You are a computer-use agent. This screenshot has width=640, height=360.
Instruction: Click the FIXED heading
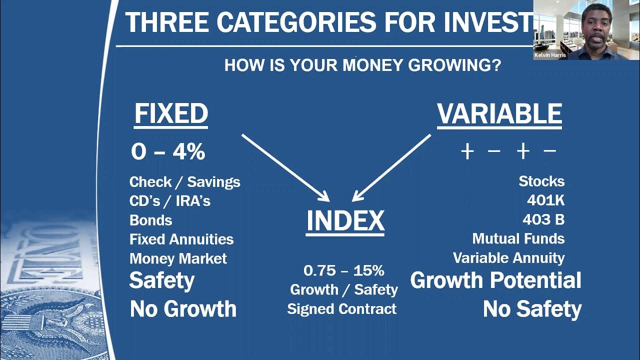pyautogui.click(x=171, y=114)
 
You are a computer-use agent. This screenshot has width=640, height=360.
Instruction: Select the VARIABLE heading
pyautogui.click(x=499, y=114)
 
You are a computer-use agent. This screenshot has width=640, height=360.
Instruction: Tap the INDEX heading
pyautogui.click(x=345, y=221)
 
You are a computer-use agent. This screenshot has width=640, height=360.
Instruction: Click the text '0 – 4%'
pyautogui.click(x=168, y=152)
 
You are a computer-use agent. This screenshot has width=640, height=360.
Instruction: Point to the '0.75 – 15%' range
pyautogui.click(x=344, y=270)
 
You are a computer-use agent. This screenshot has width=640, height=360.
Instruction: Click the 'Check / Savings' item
pyautogui.click(x=184, y=182)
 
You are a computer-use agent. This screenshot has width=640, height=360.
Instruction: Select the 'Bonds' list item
pyautogui.click(x=150, y=220)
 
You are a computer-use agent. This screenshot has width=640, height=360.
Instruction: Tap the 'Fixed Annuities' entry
pyautogui.click(x=181, y=239)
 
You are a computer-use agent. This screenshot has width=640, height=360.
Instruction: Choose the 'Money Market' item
pyautogui.click(x=178, y=258)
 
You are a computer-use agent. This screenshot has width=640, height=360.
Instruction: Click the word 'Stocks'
pyautogui.click(x=541, y=181)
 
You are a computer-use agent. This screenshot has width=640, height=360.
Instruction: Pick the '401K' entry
pyautogui.click(x=545, y=200)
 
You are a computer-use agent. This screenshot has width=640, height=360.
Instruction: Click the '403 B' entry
pyautogui.click(x=543, y=219)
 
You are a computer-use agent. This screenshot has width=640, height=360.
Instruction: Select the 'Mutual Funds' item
pyautogui.click(x=518, y=239)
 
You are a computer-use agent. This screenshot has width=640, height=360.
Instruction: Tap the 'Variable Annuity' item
pyautogui.click(x=508, y=258)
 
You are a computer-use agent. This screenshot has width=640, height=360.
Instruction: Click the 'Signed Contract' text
pyautogui.click(x=342, y=309)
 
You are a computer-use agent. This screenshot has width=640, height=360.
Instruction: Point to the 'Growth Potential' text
pyautogui.click(x=495, y=280)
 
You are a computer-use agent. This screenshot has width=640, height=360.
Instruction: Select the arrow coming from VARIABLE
pyautogui.click(x=391, y=167)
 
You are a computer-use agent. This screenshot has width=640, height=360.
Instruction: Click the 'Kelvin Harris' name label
pyautogui.click(x=550, y=55)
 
